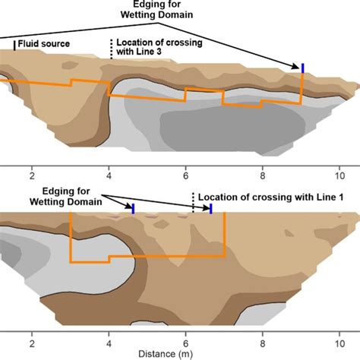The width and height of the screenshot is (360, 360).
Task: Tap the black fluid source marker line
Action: [14, 46]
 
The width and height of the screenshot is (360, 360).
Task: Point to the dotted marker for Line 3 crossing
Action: [112, 49]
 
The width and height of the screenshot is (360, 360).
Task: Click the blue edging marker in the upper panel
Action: [303, 69]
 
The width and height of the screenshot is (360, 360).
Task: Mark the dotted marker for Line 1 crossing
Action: [193, 201]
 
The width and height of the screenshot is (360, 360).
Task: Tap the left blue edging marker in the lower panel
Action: [134, 208]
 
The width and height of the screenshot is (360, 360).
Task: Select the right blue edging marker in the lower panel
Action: [210, 208]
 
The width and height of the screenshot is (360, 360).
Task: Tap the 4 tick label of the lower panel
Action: [109, 341]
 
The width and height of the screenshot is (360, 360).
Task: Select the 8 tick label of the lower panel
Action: [263, 341]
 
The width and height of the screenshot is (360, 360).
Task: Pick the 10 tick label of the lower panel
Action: [339, 341]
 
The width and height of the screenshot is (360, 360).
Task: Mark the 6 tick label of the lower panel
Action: [186, 341]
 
